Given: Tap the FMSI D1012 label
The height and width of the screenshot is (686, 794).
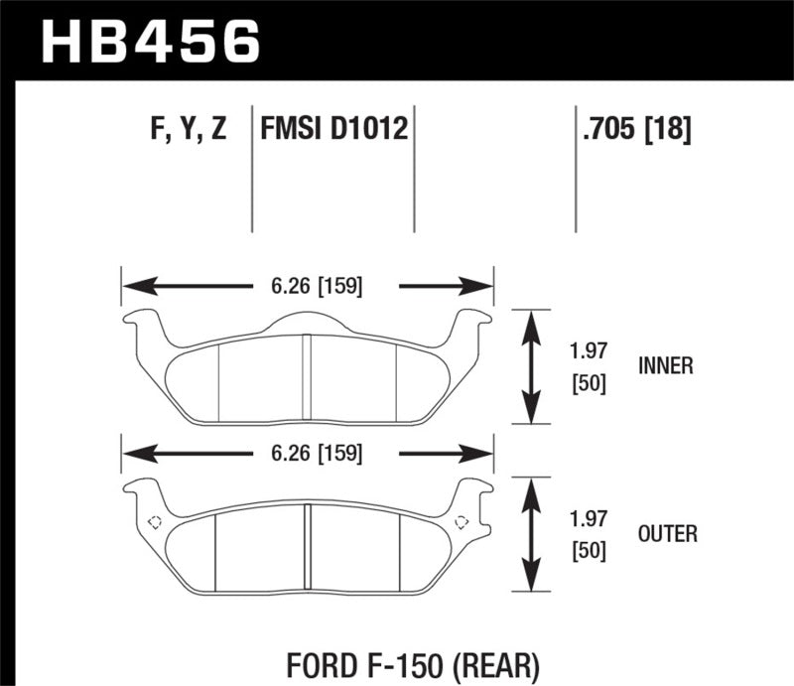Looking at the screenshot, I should tap(334, 129).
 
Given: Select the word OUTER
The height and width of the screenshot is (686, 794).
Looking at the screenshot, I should tap(667, 534).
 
